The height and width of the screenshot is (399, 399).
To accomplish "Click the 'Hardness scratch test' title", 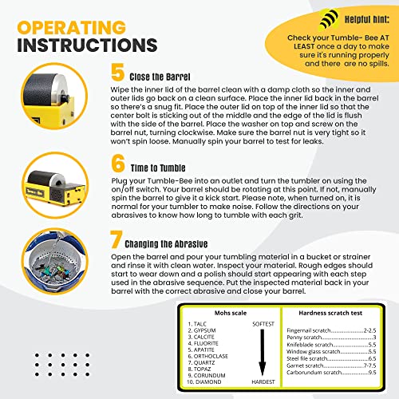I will click(330, 314).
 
